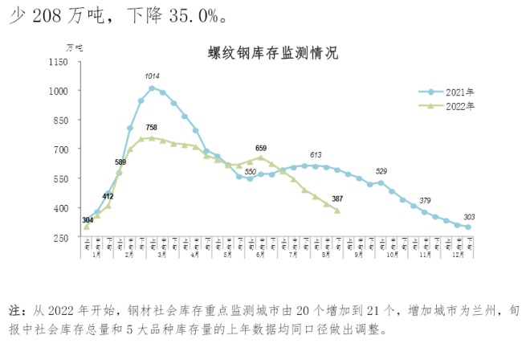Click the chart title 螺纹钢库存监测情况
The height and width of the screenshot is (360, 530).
[272, 55]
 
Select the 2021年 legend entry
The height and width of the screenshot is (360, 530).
[460, 92]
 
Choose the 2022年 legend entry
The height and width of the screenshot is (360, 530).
[460, 105]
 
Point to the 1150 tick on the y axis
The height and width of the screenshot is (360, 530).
[57, 62]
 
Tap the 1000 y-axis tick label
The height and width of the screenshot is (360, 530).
[57, 91]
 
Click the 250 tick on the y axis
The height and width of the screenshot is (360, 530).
[59, 237]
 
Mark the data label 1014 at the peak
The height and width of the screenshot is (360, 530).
[152, 76]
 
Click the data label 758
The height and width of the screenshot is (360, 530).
[152, 128]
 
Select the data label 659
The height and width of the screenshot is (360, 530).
[261, 148]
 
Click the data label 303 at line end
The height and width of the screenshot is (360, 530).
[469, 216]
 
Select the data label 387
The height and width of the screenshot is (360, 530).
[337, 198]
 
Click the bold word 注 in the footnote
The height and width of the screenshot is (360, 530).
[14, 309]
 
